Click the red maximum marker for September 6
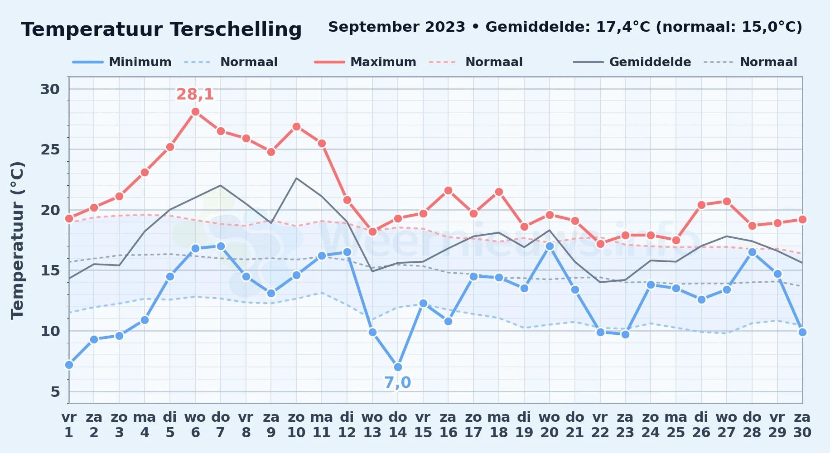point(195,112)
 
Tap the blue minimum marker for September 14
point(398,367)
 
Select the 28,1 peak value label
point(195,94)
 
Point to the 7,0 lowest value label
point(398,383)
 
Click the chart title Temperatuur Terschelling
point(161,29)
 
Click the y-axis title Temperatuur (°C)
point(17,240)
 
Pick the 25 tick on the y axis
point(50,149)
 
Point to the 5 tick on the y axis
point(55,391)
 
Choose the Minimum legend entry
point(122,62)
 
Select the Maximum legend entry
point(365,62)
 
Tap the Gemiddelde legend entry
point(632,62)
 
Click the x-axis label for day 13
point(372,425)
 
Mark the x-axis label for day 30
point(802,425)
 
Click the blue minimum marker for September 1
point(69,365)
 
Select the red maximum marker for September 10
point(296,126)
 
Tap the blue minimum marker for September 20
point(550,246)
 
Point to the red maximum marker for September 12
point(347,200)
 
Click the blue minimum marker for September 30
point(802,332)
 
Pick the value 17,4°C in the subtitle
point(623,27)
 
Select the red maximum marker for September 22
point(600,244)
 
